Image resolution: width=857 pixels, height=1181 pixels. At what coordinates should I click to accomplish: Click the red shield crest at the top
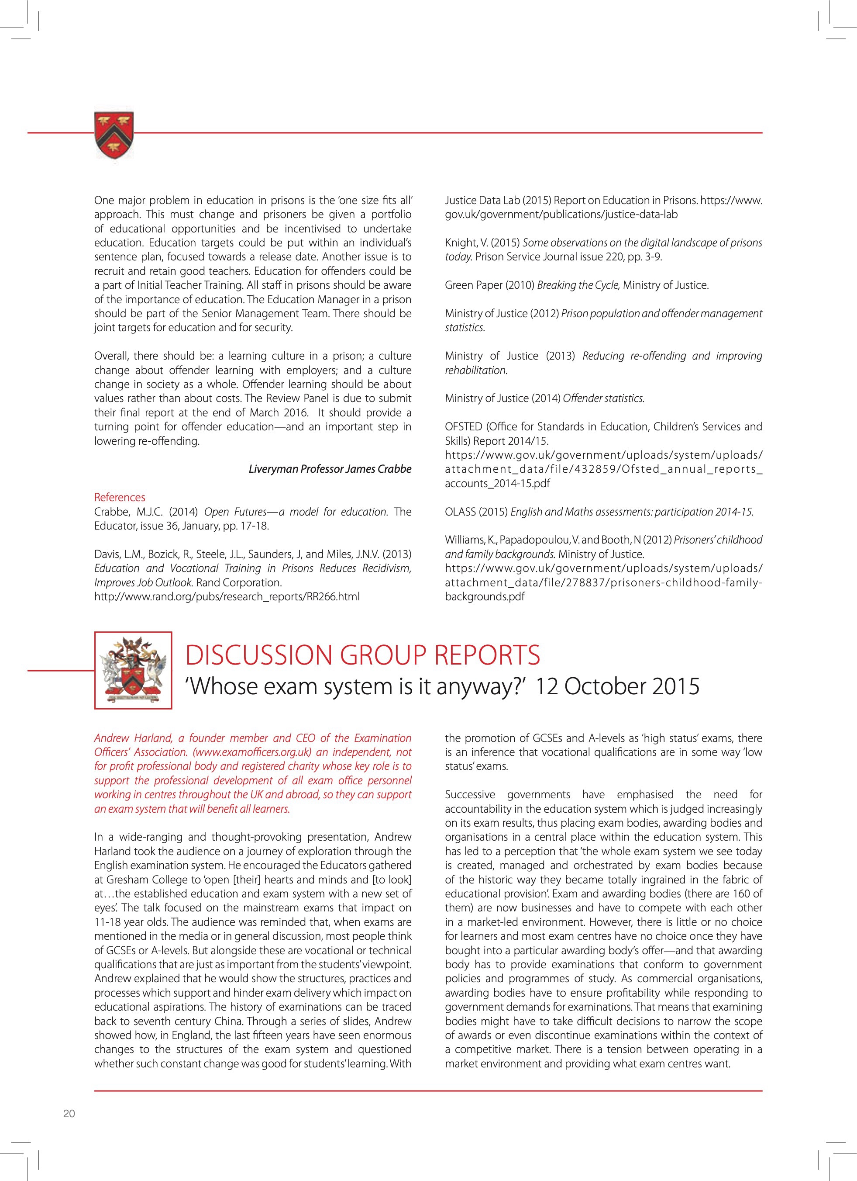pyautogui.click(x=114, y=135)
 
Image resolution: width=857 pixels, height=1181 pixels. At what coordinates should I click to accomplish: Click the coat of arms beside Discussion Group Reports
pyautogui.click(x=133, y=670)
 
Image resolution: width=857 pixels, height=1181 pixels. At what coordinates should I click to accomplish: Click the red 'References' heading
pyautogui.click(x=120, y=497)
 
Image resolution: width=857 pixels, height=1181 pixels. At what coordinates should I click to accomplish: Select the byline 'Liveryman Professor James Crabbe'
pyautogui.click(x=330, y=469)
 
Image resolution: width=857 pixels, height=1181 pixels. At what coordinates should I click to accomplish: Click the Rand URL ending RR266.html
pyautogui.click(x=227, y=596)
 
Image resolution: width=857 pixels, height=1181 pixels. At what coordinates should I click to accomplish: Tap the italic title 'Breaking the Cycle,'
pyautogui.click(x=578, y=285)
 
